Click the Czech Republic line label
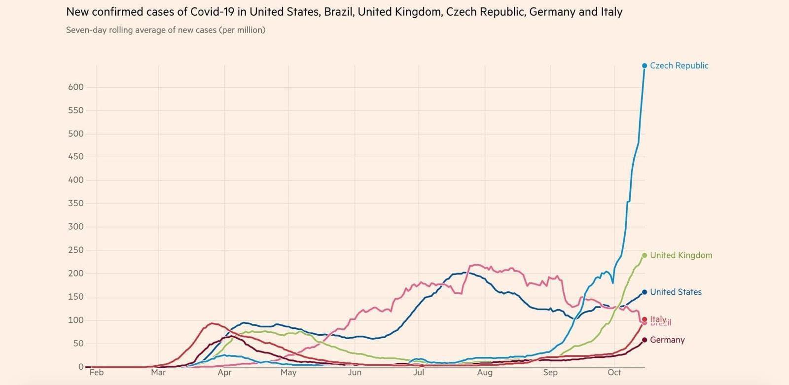[x=679, y=66]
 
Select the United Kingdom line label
[x=681, y=255]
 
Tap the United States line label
[x=676, y=292]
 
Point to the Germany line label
[x=667, y=340]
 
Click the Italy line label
[x=658, y=319]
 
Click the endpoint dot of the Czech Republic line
[x=645, y=66]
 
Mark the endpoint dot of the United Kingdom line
[x=645, y=255]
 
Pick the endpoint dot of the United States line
[x=645, y=292]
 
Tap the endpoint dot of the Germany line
[x=645, y=340]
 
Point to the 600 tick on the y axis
[x=76, y=87]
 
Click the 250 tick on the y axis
[x=76, y=250]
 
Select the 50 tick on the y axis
[x=78, y=343]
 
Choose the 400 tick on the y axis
[x=76, y=180]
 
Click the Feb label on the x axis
[x=97, y=373]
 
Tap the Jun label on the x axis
[x=355, y=373]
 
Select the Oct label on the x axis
[x=614, y=373]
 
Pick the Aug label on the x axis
[x=485, y=373]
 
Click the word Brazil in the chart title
[x=338, y=12]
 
